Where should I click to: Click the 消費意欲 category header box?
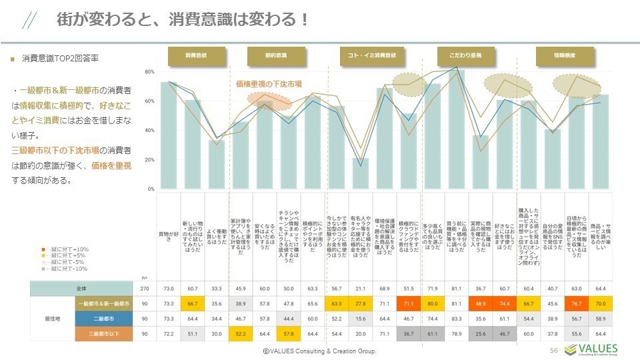click(x=195, y=56)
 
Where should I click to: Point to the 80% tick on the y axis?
click(x=150, y=71)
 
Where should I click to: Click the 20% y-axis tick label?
click(x=150, y=160)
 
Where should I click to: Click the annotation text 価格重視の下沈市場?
click(x=269, y=85)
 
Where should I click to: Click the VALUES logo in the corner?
click(x=591, y=350)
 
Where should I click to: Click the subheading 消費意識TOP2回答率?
click(x=60, y=59)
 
